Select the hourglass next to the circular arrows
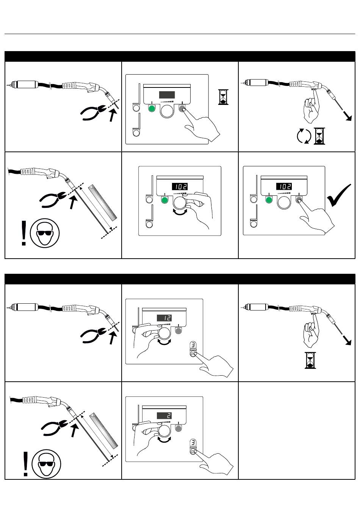319,136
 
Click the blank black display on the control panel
167,95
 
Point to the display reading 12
164,318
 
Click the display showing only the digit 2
164,416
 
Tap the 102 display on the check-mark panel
283,186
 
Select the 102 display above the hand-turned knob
180,186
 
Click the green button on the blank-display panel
152,109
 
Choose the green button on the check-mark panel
269,200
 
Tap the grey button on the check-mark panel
299,200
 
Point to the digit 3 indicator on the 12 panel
193,345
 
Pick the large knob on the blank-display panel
167,111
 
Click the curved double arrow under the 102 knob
180,214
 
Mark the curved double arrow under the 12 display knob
164,342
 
